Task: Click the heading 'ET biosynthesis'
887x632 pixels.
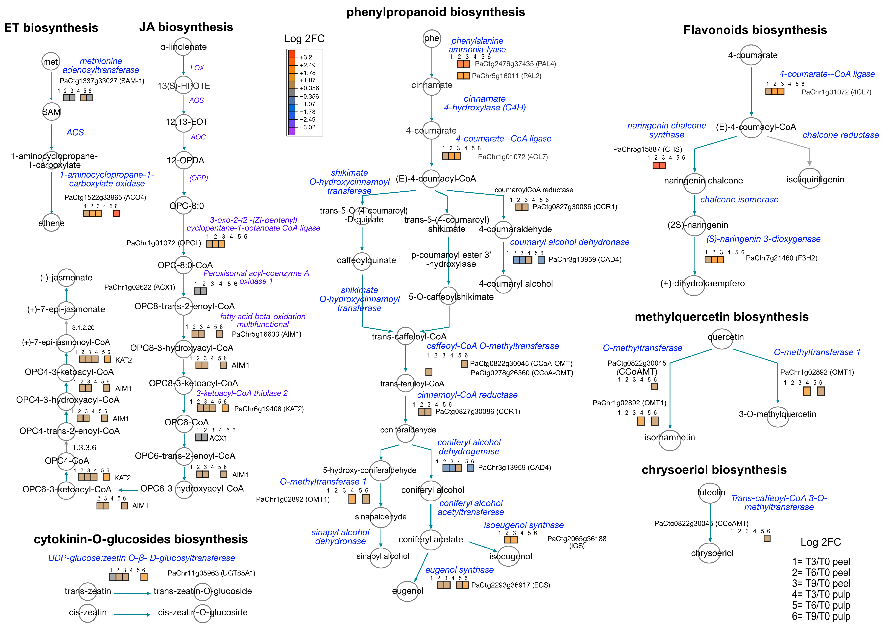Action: (x=51, y=28)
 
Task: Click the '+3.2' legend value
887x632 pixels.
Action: (x=306, y=57)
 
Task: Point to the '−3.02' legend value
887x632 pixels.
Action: (x=307, y=127)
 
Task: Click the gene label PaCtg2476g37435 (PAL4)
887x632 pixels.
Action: (x=515, y=64)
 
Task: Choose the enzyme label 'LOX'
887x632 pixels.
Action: (x=197, y=68)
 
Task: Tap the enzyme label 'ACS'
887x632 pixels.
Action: (x=75, y=132)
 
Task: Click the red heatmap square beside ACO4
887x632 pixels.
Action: (x=116, y=213)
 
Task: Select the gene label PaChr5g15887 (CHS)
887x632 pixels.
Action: (x=647, y=149)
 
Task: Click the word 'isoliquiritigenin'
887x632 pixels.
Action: (x=815, y=179)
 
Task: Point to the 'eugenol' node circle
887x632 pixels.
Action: (x=407, y=591)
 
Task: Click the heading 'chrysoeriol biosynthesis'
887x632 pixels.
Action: (x=714, y=470)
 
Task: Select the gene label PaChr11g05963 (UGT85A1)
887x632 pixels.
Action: (x=211, y=573)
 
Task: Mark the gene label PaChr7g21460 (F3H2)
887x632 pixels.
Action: (x=781, y=258)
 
